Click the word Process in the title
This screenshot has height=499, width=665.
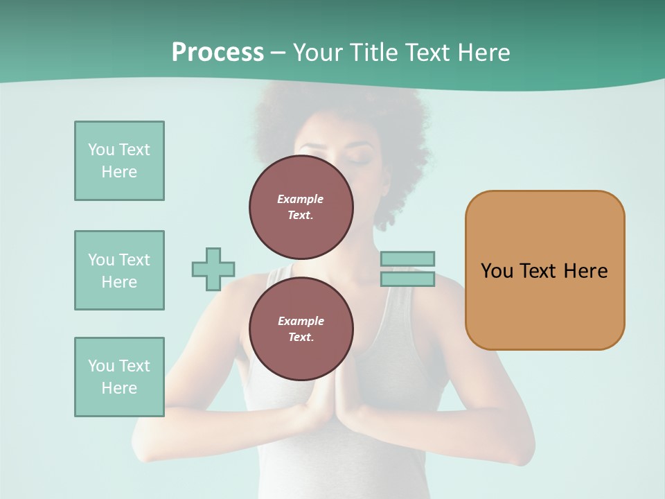[x=218, y=53]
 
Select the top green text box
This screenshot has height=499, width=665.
[x=119, y=161]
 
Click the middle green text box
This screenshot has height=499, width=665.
[x=119, y=270]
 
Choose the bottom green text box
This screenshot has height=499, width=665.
[x=119, y=377]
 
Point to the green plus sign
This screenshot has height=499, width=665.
[x=213, y=269]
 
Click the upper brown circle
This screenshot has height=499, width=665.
[x=301, y=207]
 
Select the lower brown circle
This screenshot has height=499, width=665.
[x=301, y=329]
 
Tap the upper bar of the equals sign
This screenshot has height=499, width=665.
[x=407, y=259]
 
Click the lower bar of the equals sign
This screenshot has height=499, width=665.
[x=407, y=279]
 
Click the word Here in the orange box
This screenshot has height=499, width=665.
[x=585, y=271]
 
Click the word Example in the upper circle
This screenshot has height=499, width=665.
[x=301, y=199]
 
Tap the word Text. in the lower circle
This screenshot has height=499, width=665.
[x=301, y=338]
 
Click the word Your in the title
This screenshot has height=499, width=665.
[x=319, y=53]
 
